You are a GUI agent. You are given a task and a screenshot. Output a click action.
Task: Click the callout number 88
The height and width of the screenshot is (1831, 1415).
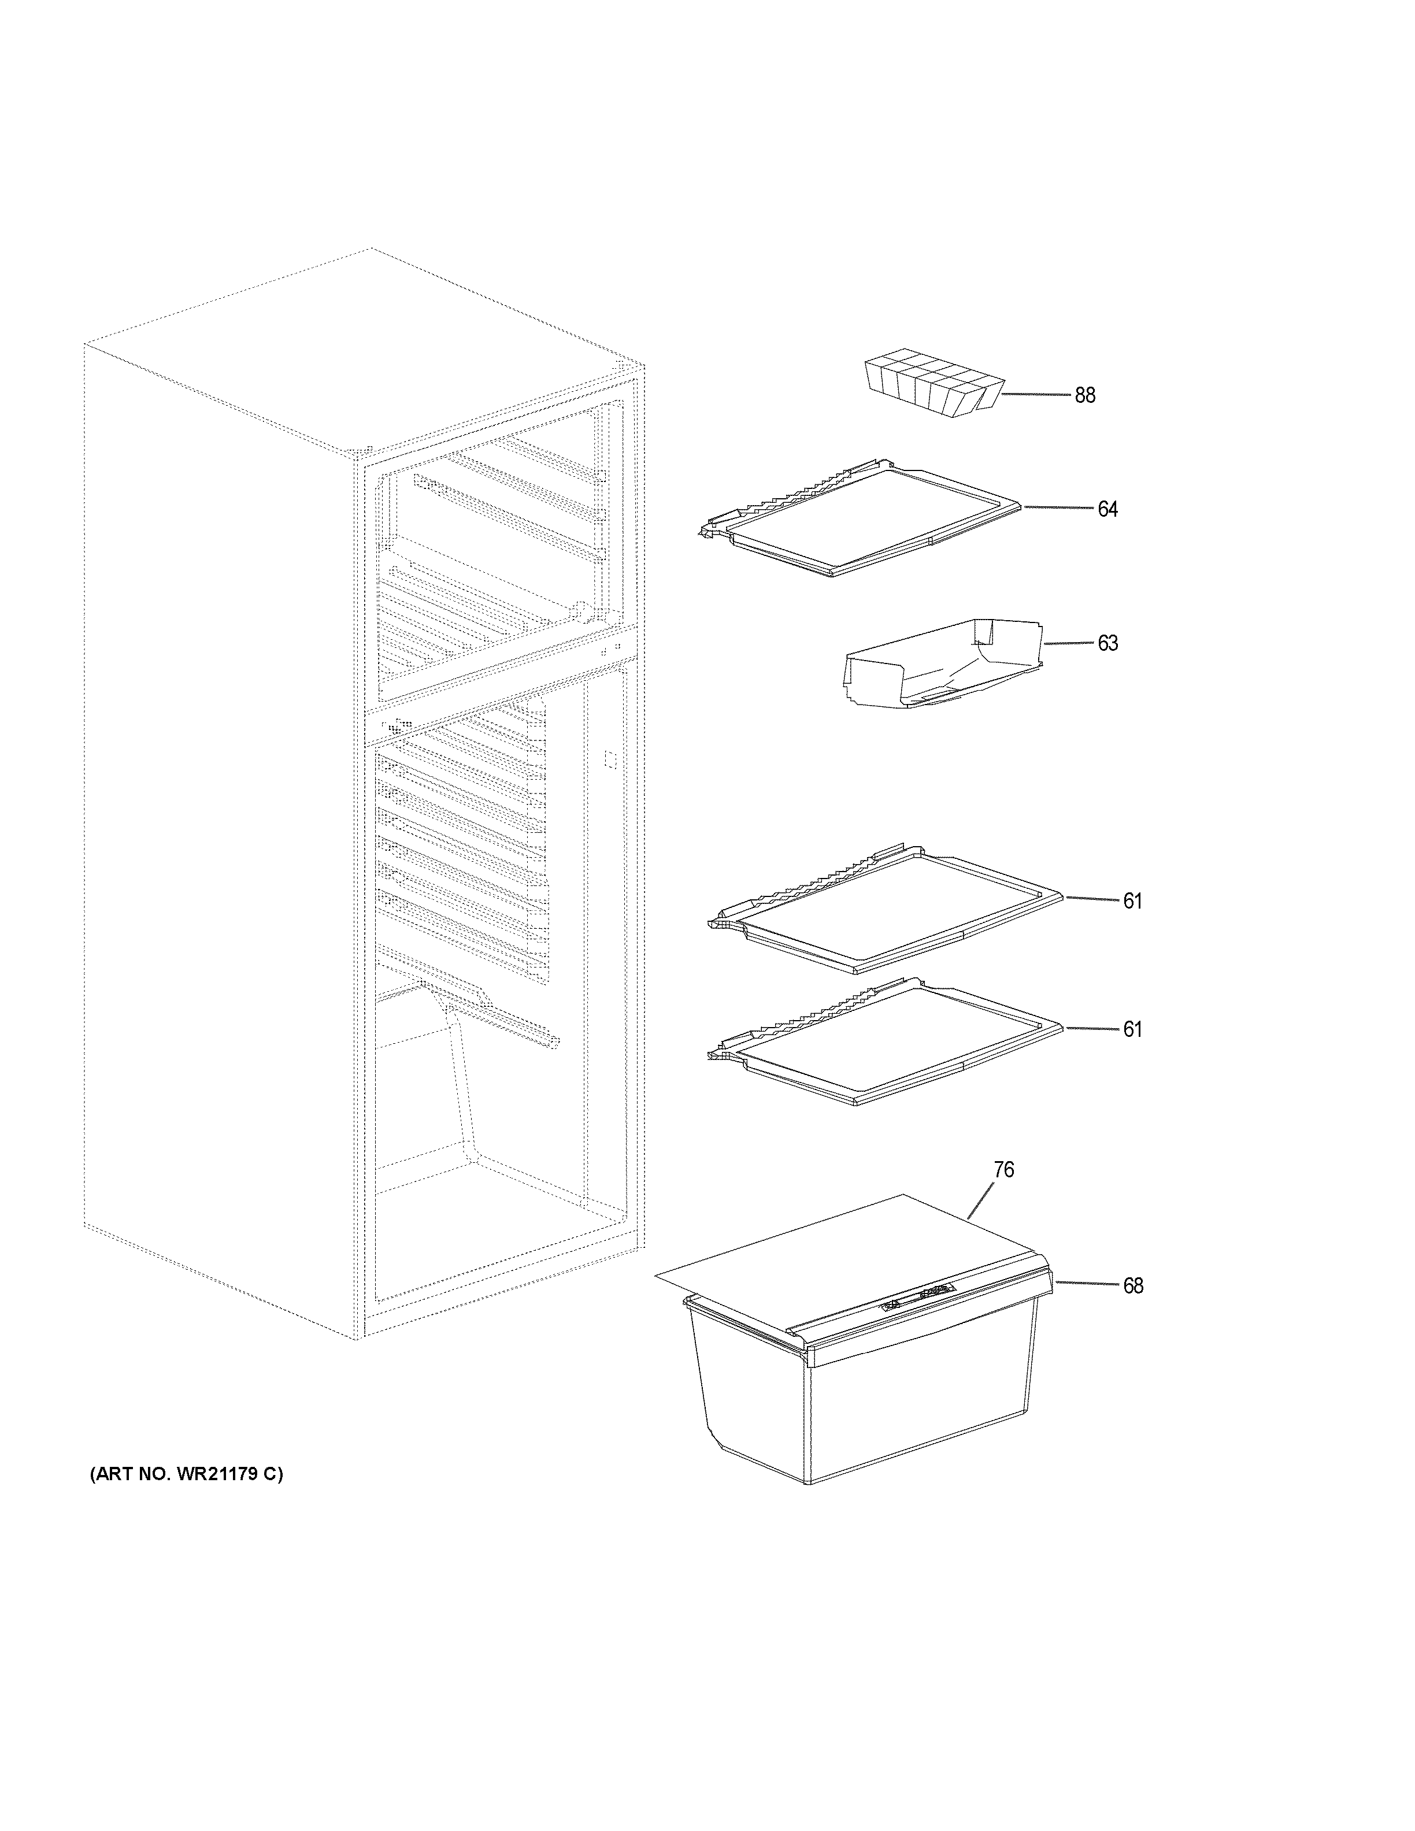coord(1085,395)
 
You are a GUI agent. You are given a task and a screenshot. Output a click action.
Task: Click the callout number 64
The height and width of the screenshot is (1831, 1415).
coord(1107,509)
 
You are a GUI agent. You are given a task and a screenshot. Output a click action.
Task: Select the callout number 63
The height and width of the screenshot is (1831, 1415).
coord(1107,643)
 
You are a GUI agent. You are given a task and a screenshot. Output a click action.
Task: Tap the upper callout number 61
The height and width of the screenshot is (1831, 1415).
coord(1132,900)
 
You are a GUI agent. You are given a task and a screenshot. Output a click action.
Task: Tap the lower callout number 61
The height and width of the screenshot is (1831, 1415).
coord(1132,1029)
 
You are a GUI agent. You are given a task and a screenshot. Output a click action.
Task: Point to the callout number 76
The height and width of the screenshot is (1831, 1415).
coord(1003,1170)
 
